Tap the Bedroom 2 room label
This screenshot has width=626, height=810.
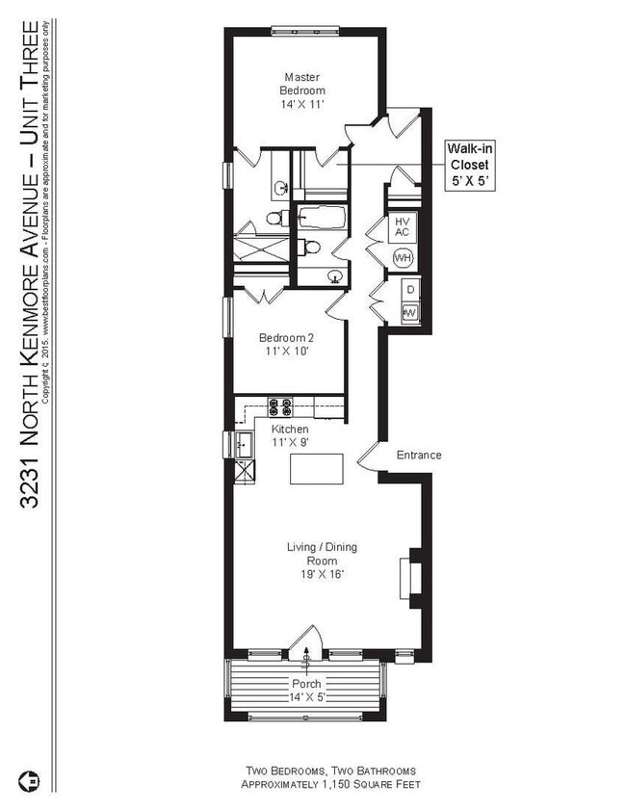pos(286,346)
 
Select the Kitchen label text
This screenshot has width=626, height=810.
pos(289,434)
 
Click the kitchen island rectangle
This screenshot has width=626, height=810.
pos(318,471)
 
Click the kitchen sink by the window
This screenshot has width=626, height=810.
pos(244,446)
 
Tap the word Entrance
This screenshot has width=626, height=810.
pos(419,455)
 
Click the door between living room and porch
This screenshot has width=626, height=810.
pos(307,641)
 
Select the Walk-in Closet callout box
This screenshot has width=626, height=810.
pos(469,165)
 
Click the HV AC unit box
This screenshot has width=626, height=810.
pos(402,227)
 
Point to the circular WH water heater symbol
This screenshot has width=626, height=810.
pos(403,258)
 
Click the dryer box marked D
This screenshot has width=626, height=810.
pos(408,289)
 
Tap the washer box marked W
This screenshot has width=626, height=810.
pos(408,311)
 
